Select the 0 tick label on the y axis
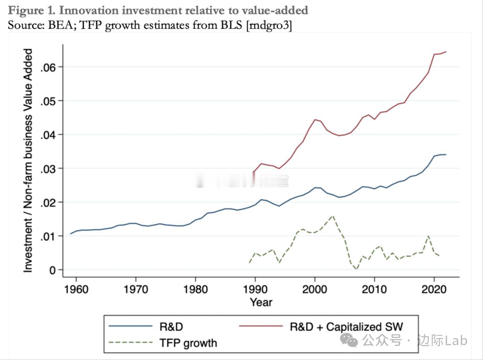(x=53, y=270)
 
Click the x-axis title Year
(x=261, y=302)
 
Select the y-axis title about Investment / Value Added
(x=28, y=161)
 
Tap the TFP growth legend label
(x=188, y=343)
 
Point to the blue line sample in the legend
(x=131, y=326)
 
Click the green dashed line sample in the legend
(x=131, y=343)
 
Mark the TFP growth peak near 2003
(x=333, y=216)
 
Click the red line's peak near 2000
(x=315, y=119)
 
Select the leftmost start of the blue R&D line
(x=71, y=233)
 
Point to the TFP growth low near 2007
(x=356, y=269)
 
